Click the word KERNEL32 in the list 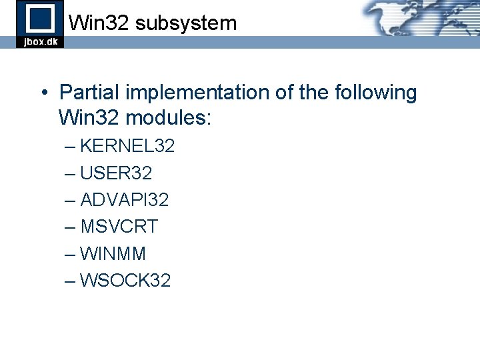(x=127, y=146)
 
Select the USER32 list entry (x=116, y=173)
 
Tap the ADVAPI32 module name (x=125, y=200)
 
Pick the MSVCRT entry (x=119, y=227)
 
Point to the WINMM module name (x=113, y=254)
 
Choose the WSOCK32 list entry (x=125, y=281)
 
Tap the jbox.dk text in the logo (x=41, y=41)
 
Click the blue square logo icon (x=40, y=17)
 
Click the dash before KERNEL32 (x=71, y=146)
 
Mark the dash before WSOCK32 (x=71, y=281)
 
